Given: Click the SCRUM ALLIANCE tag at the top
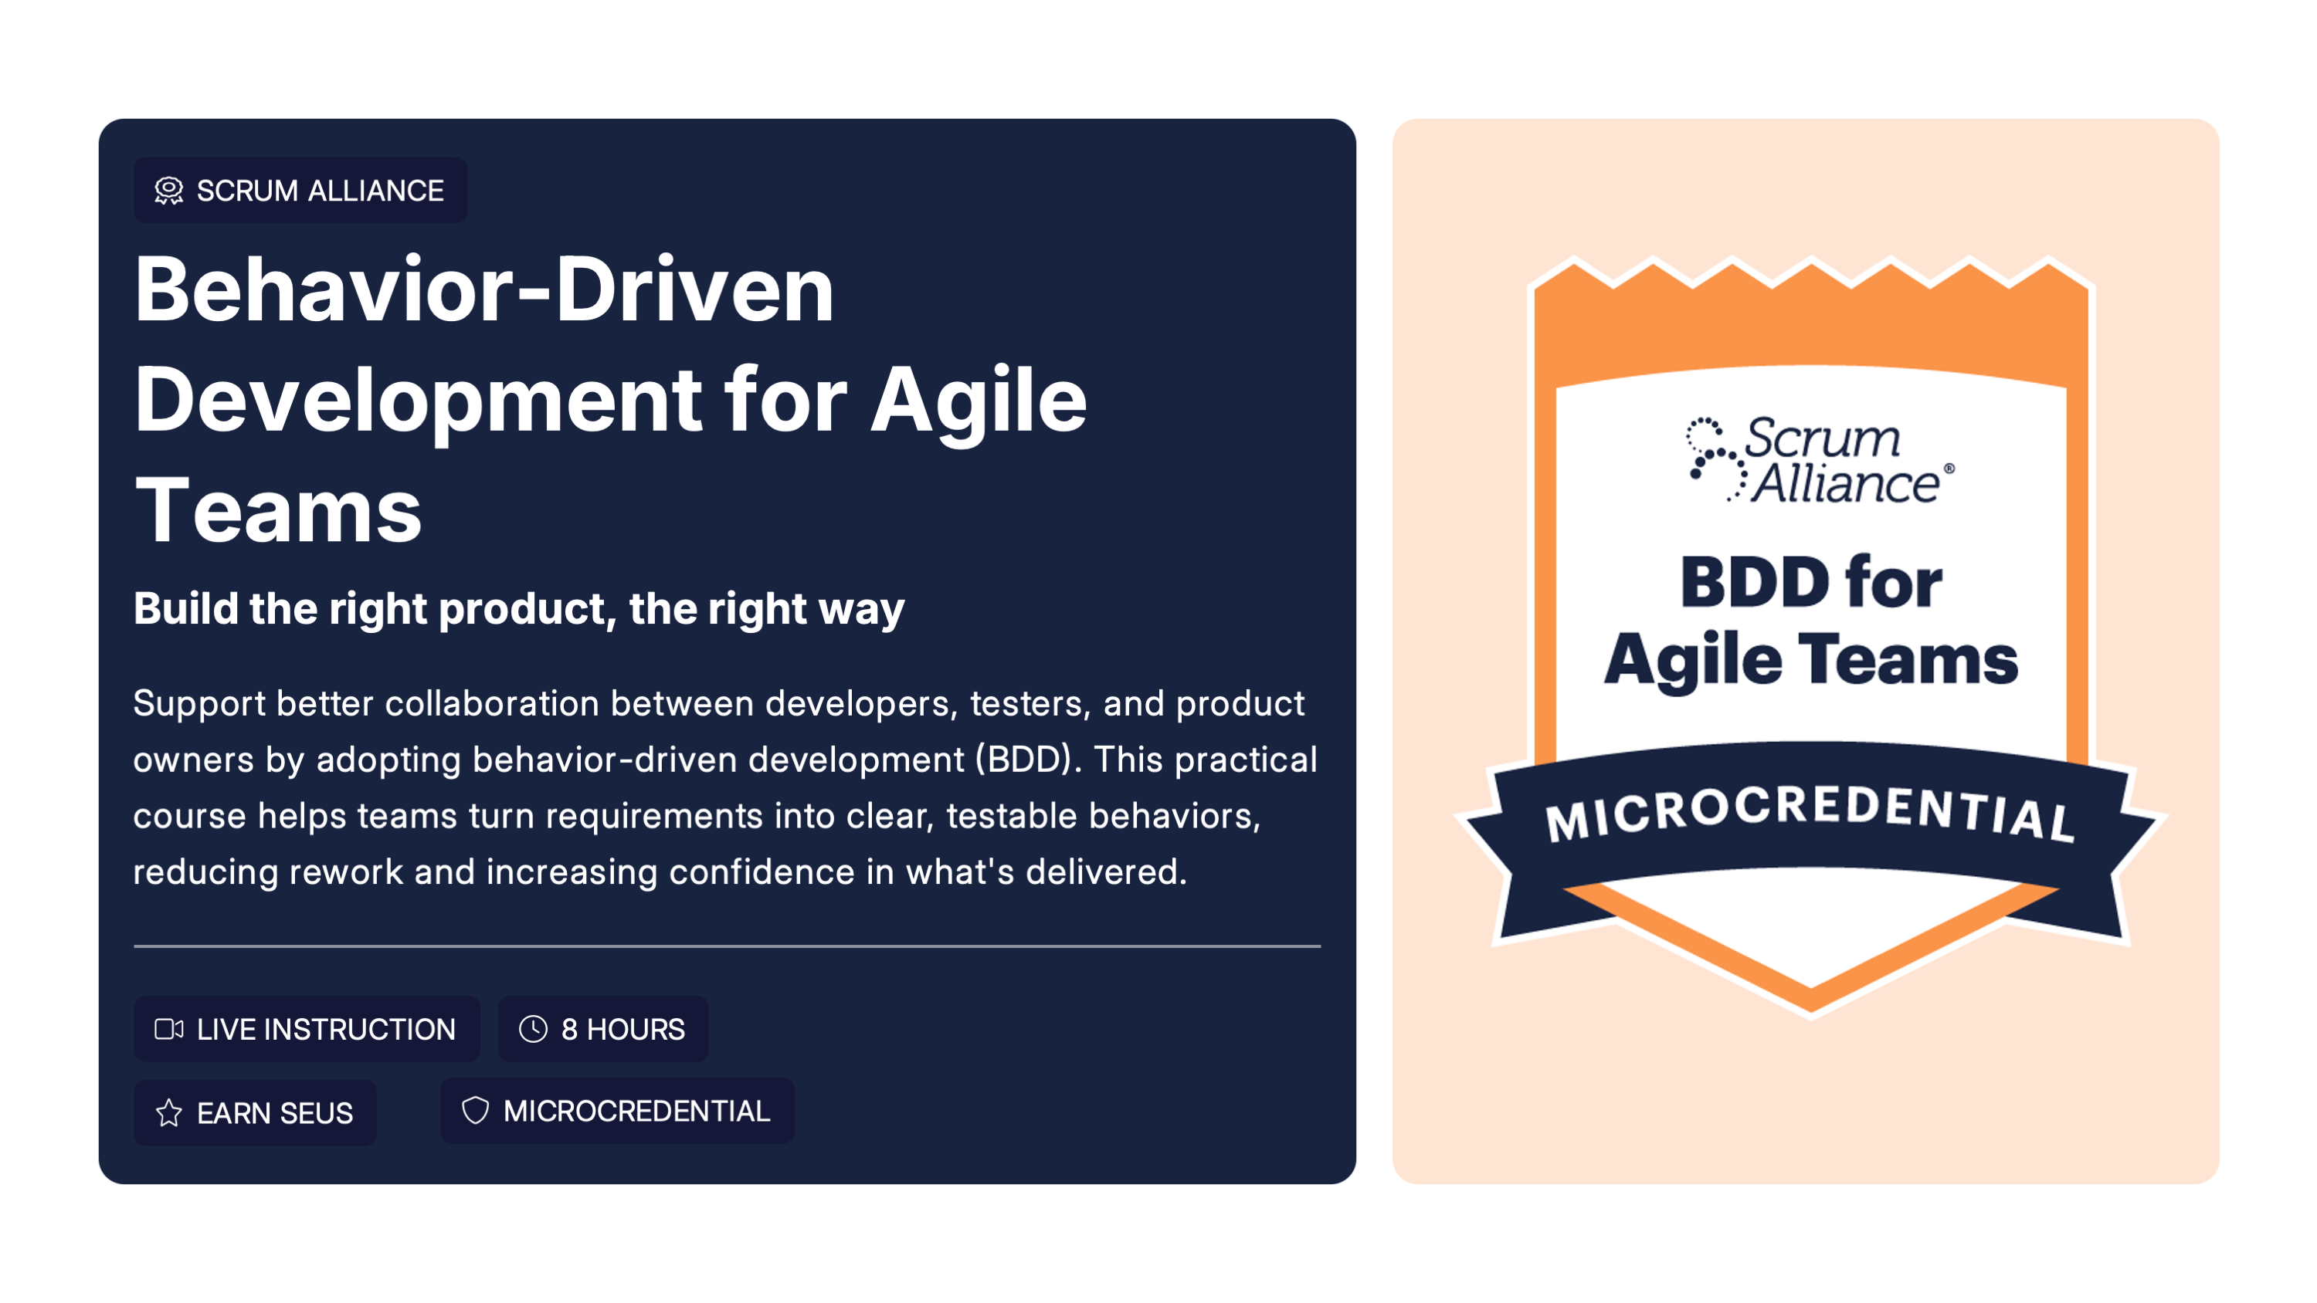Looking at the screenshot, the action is (300, 191).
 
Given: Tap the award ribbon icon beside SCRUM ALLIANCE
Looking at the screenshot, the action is (169, 191).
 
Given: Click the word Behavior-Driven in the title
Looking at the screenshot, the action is (485, 289).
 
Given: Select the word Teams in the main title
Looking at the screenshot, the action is (278, 511).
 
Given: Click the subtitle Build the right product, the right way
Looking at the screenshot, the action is (519, 609).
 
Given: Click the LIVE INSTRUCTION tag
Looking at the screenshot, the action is (307, 1029).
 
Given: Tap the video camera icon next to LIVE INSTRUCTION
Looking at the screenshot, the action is (169, 1029).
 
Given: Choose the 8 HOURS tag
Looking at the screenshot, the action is (602, 1029).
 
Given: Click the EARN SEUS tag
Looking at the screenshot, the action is (256, 1112).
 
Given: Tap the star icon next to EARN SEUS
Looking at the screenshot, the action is (169, 1112).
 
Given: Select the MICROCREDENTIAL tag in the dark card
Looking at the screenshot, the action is (617, 1111).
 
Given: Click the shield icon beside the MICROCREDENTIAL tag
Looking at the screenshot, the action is (475, 1111).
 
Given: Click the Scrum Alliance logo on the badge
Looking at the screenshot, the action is (1819, 459).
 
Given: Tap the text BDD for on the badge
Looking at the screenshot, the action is (1810, 583).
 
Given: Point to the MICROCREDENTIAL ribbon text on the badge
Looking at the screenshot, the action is (1810, 812).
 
